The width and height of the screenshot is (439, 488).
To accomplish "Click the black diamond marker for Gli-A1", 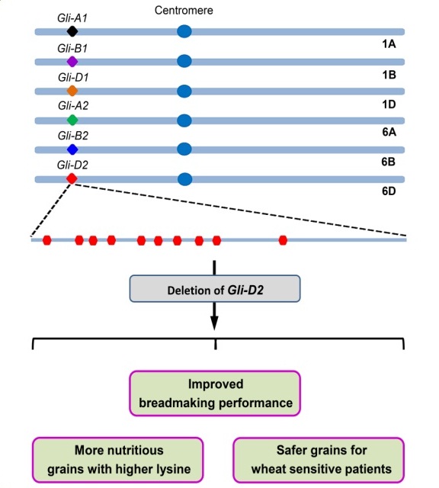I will (x=72, y=31).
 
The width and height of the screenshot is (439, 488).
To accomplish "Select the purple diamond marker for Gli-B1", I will (x=72, y=61).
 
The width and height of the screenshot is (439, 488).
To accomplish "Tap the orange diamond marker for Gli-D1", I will (x=72, y=91).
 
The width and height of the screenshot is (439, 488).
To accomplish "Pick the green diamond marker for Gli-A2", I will (x=72, y=120).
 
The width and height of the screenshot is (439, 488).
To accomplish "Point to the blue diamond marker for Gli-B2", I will (x=72, y=149).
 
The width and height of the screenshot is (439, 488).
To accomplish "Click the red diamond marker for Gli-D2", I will (x=72, y=178).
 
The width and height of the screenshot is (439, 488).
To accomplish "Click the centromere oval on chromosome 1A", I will (x=184, y=31).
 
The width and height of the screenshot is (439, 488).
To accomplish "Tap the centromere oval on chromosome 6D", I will (x=184, y=179).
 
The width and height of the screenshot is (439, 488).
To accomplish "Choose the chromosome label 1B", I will (x=388, y=75).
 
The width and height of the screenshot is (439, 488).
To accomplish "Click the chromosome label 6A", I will (x=388, y=133).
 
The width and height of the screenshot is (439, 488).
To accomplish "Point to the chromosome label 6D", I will (x=388, y=193).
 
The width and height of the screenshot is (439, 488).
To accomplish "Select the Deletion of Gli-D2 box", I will (x=216, y=289).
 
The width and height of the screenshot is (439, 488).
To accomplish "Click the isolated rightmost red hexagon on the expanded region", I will (x=283, y=240).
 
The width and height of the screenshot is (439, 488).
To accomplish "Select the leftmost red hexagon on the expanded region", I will (x=46, y=240).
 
